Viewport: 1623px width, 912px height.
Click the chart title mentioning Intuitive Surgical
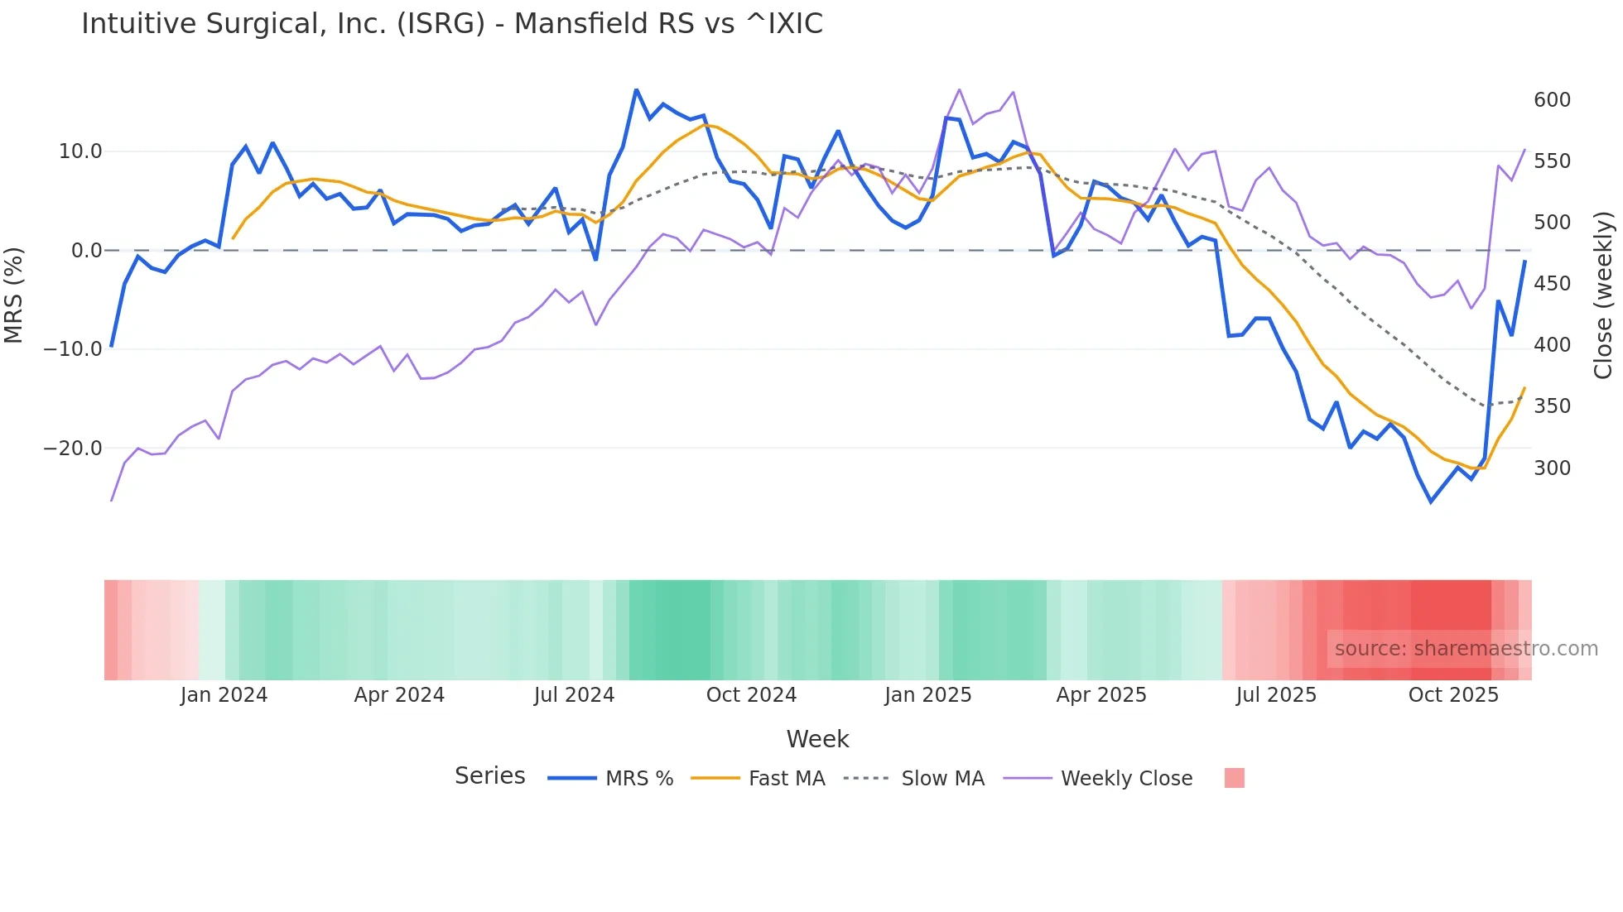452,24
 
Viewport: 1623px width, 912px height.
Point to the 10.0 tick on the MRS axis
79,151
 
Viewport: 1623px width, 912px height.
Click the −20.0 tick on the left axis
73,449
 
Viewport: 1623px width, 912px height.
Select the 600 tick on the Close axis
1552,100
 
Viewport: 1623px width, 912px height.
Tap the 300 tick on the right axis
1552,468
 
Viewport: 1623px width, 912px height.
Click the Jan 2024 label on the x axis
224,695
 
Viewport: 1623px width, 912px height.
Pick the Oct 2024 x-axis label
751,695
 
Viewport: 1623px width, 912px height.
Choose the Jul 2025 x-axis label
1276,695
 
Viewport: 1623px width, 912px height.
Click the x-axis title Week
817,739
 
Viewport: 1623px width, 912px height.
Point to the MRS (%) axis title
14,295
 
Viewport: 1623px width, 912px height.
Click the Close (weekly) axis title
1603,295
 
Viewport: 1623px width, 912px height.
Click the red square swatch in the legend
1234,778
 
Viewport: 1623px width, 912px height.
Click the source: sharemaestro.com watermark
1466,649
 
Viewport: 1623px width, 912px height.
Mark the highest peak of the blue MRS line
636,89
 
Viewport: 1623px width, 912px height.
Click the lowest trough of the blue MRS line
1431,502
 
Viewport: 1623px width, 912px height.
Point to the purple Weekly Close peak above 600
959,89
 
